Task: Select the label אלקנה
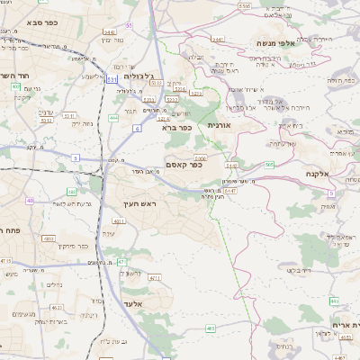[319, 174]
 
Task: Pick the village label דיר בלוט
[300, 269]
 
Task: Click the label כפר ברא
[177, 128]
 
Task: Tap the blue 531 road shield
[112, 79]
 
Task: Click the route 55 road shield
[129, 25]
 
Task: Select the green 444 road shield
[113, 117]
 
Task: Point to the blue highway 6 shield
[137, 129]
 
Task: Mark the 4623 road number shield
[57, 308]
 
